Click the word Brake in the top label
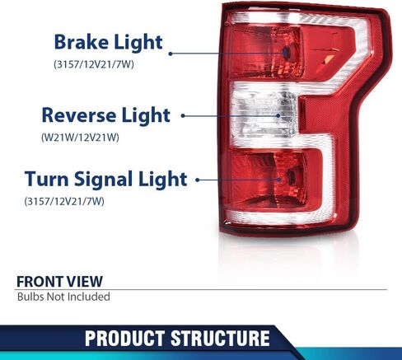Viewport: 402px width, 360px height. tap(82, 42)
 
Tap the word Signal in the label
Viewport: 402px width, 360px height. tap(103, 180)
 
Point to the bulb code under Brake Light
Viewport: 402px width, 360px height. tap(94, 64)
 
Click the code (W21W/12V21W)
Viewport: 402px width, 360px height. tap(80, 137)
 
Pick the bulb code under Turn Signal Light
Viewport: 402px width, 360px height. tap(64, 201)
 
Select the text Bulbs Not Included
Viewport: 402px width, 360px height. tap(63, 297)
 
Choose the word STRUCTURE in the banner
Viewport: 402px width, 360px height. tap(220, 338)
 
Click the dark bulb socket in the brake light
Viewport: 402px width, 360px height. tap(287, 53)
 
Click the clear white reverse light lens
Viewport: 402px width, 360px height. tap(264, 114)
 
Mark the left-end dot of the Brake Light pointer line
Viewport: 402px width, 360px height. tap(171, 54)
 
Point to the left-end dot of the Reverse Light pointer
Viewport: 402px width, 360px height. tap(183, 115)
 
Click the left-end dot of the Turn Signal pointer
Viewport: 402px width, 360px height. tap(198, 180)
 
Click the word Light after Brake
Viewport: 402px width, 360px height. tap(138, 43)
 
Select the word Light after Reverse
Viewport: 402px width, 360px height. tap(146, 116)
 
